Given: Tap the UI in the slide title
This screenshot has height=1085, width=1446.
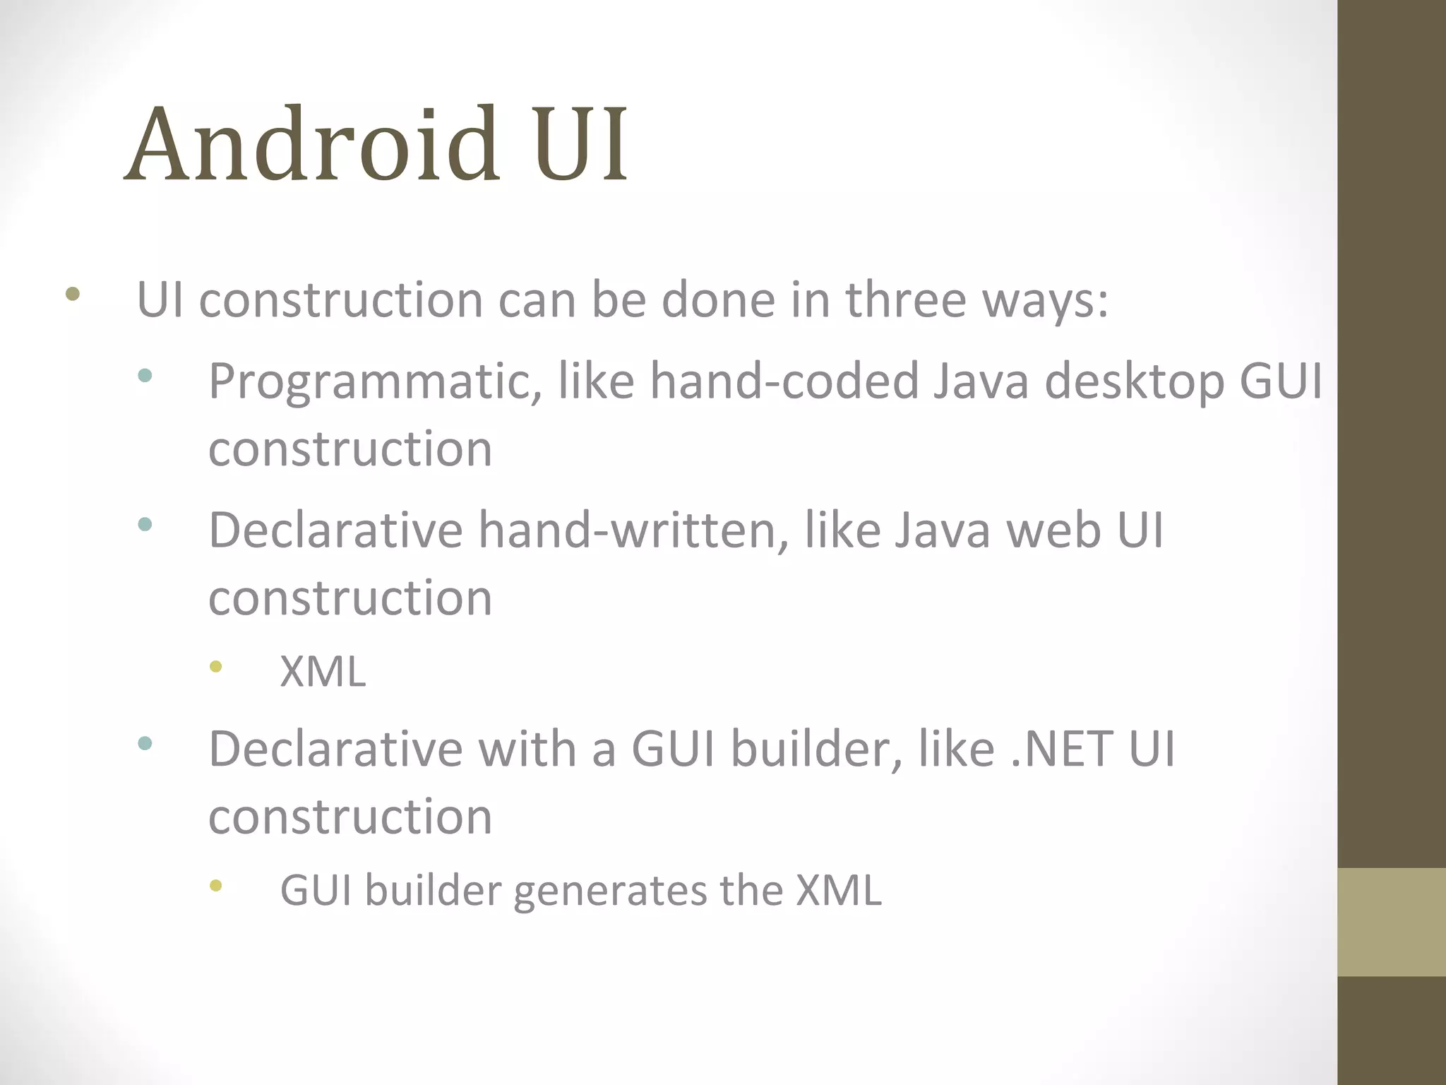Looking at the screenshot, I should pos(580,144).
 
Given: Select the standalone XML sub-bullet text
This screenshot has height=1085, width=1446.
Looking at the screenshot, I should pos(323,672).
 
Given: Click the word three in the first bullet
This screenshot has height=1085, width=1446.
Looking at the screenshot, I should pos(906,300).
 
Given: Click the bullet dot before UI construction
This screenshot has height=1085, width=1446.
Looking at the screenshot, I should pos(72,294).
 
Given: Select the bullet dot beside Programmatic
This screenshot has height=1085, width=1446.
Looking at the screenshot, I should pos(145,376).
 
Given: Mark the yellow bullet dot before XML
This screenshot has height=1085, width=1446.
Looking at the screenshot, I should pos(216,666).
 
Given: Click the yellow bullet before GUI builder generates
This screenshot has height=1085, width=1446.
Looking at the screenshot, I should pos(216,885).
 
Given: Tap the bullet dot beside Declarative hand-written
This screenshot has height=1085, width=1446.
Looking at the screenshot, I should pos(145,524).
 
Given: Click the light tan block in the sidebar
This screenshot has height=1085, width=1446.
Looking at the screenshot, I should pos(1392,922).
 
